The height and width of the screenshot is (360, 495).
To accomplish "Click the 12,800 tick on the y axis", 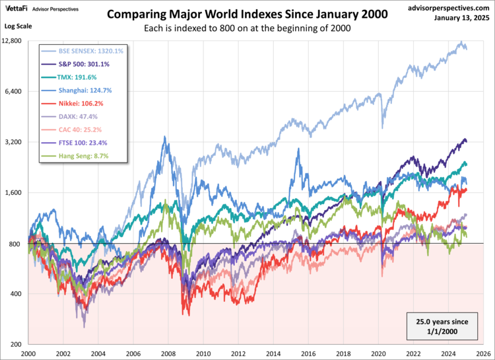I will [13, 41].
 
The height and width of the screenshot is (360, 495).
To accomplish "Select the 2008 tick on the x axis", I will [169, 353].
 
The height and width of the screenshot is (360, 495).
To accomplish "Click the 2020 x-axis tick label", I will [380, 353].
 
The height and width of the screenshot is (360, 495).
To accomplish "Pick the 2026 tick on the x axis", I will [485, 353].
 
